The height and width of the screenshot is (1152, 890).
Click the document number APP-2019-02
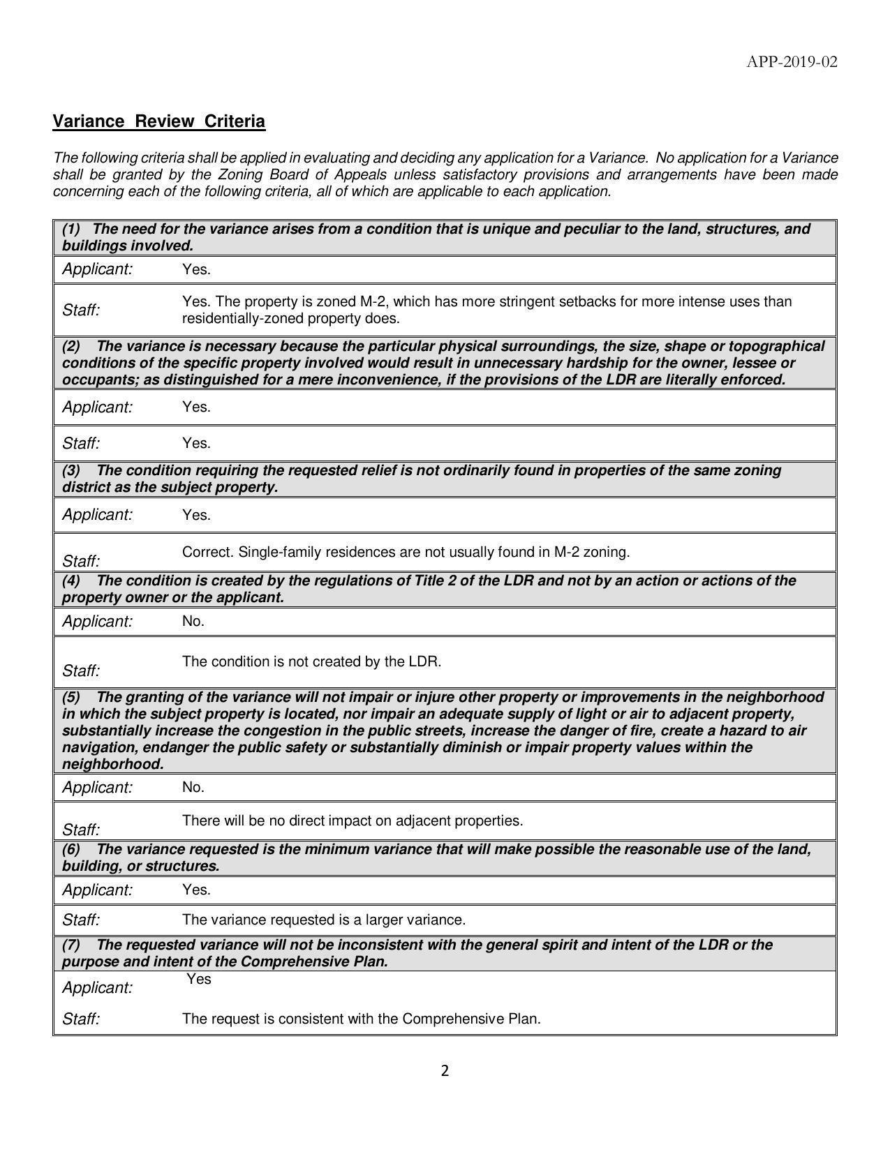(792, 62)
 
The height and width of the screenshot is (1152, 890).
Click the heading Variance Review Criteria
(159, 121)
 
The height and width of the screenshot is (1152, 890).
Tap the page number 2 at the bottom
(445, 1071)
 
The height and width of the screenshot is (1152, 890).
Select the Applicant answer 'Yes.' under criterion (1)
(196, 269)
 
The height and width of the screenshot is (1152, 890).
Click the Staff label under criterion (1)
(81, 311)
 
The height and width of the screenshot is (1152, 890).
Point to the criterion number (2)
(71, 346)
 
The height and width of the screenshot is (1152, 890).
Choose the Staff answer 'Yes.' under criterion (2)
(196, 443)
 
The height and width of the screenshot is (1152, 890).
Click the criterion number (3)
(71, 470)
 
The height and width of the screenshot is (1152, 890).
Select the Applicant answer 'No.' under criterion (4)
(193, 621)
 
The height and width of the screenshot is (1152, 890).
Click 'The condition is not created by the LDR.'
(311, 661)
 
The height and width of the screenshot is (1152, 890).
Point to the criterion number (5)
(71, 697)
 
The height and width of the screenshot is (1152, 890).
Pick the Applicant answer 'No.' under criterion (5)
(193, 787)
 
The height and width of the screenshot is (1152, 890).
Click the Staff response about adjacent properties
(353, 821)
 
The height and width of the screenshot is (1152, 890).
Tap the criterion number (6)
(71, 849)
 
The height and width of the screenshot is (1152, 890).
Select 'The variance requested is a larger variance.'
(324, 920)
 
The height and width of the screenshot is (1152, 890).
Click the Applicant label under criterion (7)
(97, 987)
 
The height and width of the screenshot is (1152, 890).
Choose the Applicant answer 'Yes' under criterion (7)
(199, 979)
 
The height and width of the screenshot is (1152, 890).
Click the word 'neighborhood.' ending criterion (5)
(112, 764)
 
